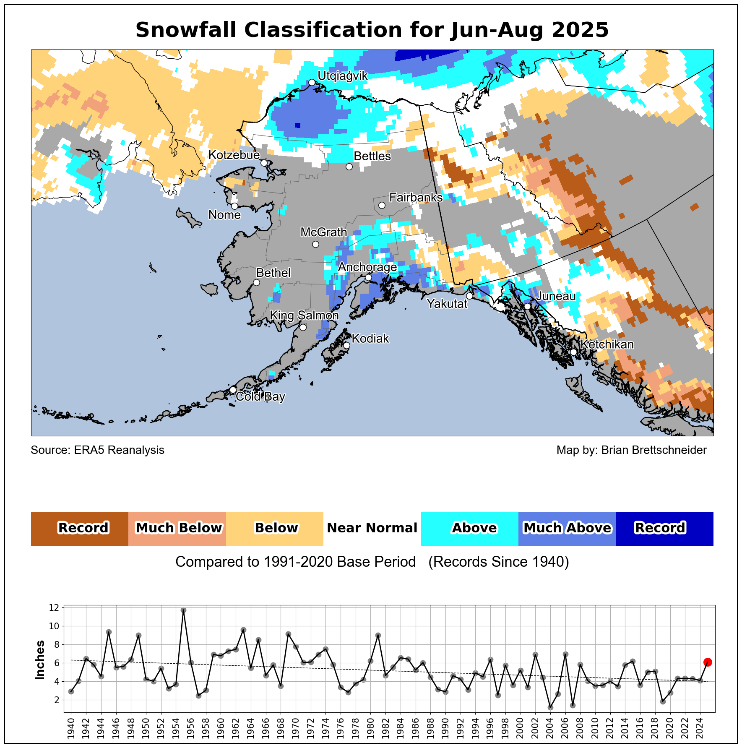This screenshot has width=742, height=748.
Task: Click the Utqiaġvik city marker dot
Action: tap(312, 82)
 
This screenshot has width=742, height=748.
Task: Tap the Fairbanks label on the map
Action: tap(416, 198)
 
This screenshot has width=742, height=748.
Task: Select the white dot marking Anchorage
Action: tap(368, 278)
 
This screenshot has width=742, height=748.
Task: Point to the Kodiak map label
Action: tap(370, 339)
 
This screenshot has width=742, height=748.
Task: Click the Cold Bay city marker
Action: tap(233, 390)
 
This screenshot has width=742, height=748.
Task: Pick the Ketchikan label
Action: tap(607, 344)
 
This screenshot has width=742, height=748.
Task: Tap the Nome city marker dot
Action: tap(234, 206)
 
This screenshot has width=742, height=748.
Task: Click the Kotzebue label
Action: tap(234, 155)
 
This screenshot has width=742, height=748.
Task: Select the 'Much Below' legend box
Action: tap(177, 528)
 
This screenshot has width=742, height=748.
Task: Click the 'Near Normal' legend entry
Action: tap(372, 528)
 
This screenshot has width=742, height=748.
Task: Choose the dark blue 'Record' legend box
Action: tap(664, 528)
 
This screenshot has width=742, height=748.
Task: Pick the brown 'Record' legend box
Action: tap(80, 528)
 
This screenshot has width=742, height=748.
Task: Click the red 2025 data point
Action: tap(708, 662)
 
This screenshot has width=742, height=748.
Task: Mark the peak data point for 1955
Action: tap(183, 610)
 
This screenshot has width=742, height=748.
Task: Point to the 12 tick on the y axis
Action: tap(53, 607)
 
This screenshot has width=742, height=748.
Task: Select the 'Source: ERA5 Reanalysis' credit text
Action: tap(98, 450)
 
